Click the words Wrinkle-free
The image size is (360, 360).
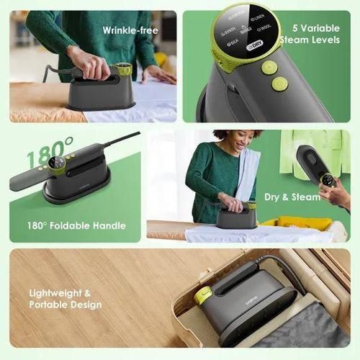click(130, 30)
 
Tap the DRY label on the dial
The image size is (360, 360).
click(253, 45)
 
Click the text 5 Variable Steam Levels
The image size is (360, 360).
click(310, 34)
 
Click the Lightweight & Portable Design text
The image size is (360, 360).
click(66, 299)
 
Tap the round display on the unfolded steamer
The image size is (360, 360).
click(59, 166)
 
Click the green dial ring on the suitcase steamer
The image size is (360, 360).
click(204, 295)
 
